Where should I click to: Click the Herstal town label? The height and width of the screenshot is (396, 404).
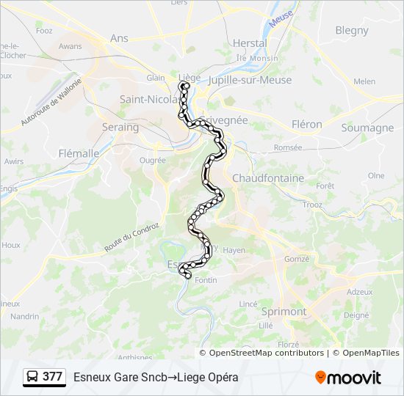249,43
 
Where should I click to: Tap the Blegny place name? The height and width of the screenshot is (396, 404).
351,30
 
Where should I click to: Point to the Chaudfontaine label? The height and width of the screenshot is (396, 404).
267,178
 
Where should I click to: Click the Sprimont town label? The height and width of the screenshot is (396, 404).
284,311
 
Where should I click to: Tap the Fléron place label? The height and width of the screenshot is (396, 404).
306,125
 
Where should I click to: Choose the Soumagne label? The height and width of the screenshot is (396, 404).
367,128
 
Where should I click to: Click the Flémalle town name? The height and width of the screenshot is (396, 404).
79,153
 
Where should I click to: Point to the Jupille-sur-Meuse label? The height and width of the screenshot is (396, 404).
250,80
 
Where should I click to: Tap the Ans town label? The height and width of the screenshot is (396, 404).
118,37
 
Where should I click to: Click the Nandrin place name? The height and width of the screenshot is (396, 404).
24,316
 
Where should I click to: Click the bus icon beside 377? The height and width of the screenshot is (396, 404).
32,377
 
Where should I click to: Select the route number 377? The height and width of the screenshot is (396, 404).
52,377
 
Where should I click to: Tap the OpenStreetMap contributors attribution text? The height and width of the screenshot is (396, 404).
266,353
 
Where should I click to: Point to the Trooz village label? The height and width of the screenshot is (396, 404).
312,205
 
